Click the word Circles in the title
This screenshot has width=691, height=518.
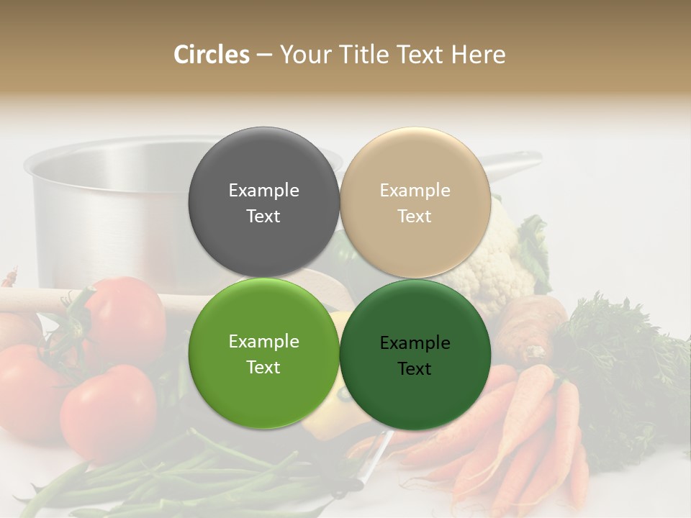[211, 55]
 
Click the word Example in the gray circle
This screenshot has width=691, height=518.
[263, 190]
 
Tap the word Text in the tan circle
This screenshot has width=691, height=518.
[415, 217]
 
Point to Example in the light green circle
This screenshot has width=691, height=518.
[263, 341]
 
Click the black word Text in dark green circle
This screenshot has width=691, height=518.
[415, 369]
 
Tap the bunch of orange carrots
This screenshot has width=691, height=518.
[518, 432]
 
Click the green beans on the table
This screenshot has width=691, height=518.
[180, 478]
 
